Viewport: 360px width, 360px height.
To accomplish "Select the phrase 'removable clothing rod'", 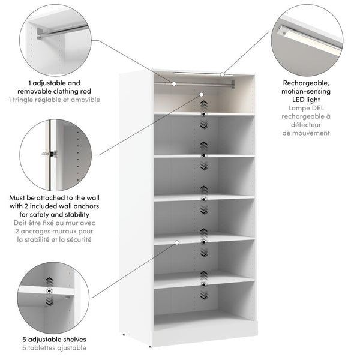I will (54, 91).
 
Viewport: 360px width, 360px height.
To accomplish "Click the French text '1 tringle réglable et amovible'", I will (54, 100).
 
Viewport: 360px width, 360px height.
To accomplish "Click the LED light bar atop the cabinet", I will (198, 73).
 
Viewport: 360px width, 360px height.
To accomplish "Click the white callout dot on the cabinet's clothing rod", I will (175, 83).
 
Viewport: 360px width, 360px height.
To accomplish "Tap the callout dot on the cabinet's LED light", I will (222, 75).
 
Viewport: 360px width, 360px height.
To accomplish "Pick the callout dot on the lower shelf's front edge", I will (178, 242).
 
